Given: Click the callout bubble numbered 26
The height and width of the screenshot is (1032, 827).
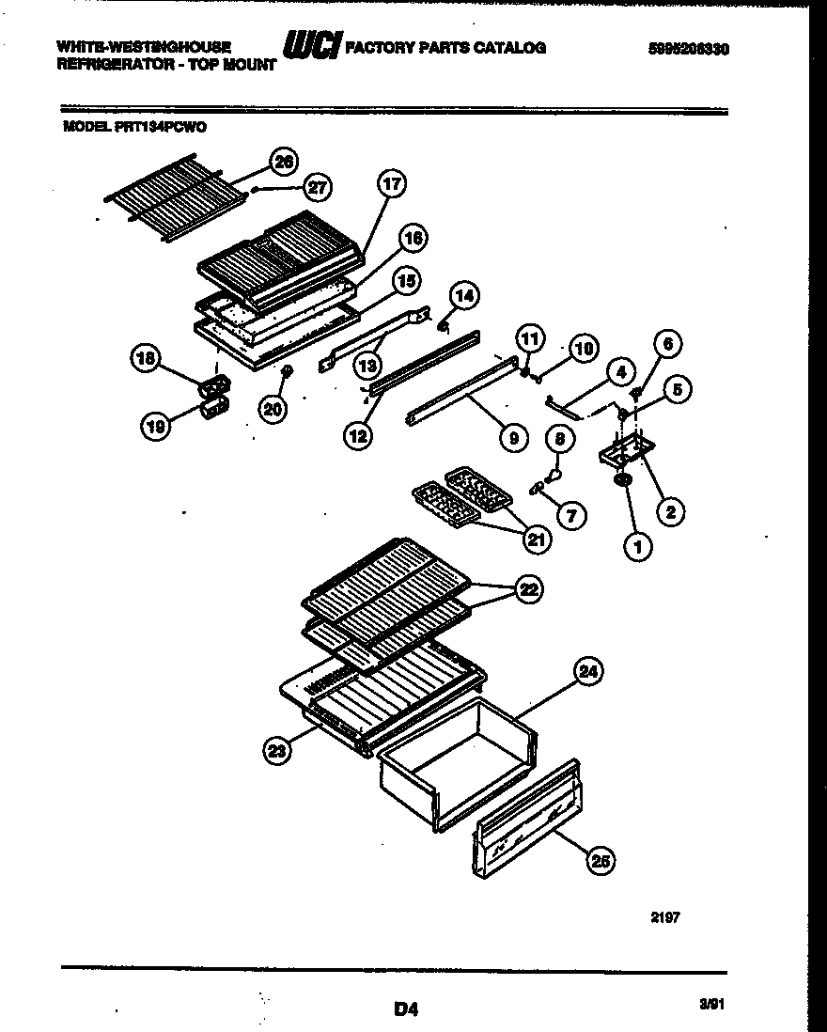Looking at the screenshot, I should pos(282,161).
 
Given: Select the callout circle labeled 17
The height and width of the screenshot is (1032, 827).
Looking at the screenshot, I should pos(391,184).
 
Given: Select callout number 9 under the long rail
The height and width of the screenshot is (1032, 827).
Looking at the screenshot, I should pos(514,435).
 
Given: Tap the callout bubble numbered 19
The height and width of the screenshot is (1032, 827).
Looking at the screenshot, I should pos(155,427).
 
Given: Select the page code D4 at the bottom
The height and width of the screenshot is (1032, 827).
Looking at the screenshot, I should pos(406,1009).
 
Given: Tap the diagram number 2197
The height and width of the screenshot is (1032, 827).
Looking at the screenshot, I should pos(663,917).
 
